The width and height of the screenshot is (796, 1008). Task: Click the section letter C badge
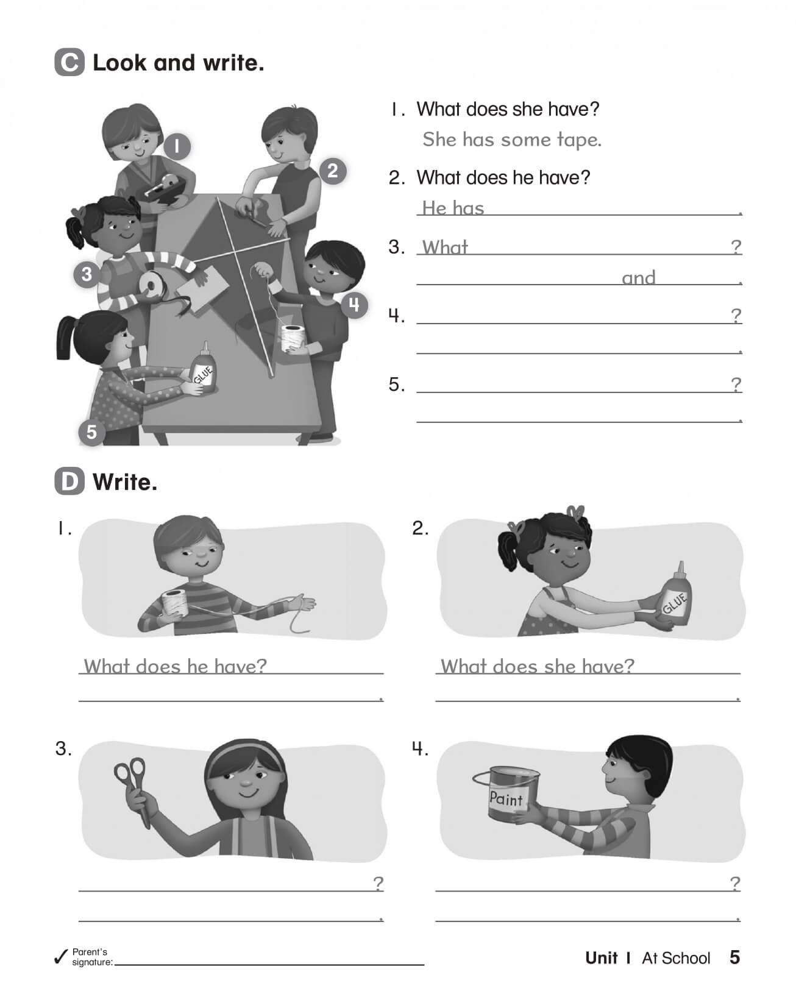[69, 63]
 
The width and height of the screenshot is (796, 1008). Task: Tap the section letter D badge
[69, 482]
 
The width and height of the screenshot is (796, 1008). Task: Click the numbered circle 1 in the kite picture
[177, 146]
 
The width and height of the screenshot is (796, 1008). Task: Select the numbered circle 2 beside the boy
[332, 171]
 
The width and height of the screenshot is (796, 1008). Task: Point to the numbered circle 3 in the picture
[87, 274]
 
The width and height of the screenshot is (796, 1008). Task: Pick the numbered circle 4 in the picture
[354, 304]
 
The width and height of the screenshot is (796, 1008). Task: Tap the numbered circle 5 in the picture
[91, 432]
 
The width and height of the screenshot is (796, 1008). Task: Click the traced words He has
[453, 208]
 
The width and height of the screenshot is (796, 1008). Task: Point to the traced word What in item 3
[445, 247]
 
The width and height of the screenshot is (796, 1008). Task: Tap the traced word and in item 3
[638, 278]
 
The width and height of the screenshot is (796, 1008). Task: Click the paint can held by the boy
[507, 793]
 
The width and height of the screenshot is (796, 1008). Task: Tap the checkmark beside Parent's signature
[60, 957]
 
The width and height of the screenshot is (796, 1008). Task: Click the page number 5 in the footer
[734, 957]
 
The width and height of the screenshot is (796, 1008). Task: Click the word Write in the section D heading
[124, 482]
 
